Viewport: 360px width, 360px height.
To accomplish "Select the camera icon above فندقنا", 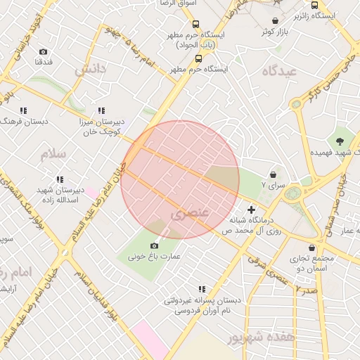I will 44,51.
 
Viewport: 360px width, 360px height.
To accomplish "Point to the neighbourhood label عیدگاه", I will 280,71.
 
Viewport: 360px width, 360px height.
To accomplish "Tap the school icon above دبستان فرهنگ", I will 23,110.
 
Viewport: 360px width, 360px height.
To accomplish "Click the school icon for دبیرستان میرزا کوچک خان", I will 101,110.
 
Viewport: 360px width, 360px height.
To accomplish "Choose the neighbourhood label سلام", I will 53,153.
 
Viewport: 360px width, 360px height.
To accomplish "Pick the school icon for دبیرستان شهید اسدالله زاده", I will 60,179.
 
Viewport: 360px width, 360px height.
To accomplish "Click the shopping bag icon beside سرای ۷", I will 273,174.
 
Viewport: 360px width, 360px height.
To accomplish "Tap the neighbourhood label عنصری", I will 190,210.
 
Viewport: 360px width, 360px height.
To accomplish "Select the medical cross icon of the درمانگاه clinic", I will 252,210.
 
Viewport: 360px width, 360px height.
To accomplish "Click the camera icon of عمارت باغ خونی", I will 154,245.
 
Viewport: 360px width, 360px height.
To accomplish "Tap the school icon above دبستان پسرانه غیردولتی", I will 202,288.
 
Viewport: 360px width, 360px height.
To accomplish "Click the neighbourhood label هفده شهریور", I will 260,337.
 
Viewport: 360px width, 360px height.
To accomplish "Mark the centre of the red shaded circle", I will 180,180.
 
